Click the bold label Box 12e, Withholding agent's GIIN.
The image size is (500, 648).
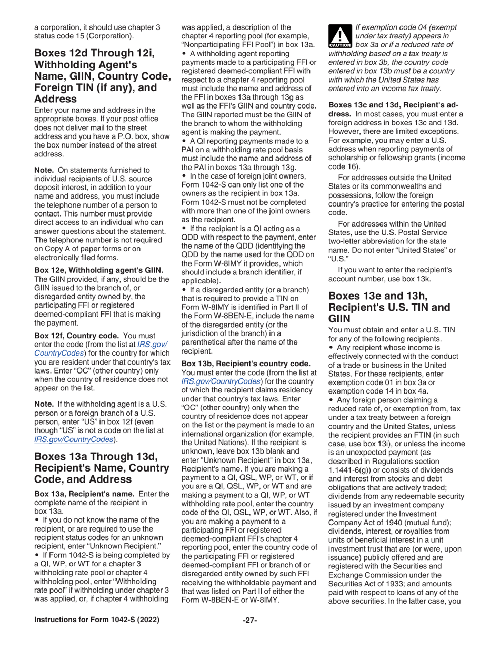pyautogui.click(x=98, y=270)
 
